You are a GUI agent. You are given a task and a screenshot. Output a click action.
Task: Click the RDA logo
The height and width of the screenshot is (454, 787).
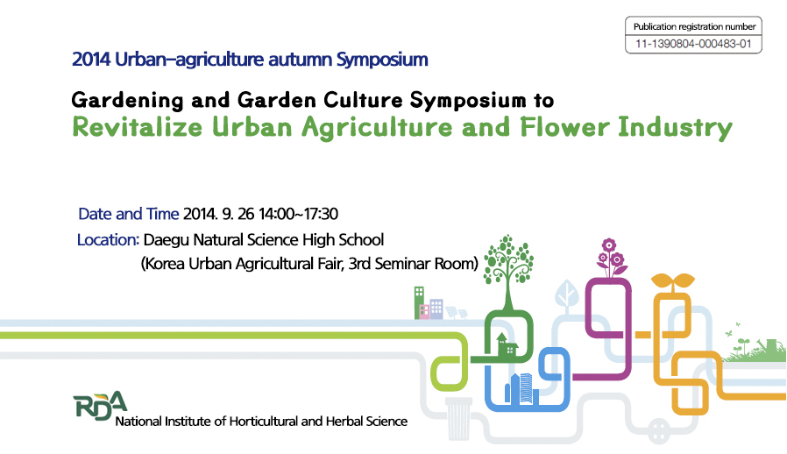99,405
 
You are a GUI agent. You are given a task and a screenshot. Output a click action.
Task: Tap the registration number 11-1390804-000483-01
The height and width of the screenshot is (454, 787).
693,44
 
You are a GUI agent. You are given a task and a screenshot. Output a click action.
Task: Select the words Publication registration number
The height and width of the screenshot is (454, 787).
694,26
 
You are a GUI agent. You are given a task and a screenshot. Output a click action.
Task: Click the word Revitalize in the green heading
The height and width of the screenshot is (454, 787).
137,126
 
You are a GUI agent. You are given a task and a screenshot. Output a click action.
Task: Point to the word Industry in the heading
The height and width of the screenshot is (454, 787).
675,128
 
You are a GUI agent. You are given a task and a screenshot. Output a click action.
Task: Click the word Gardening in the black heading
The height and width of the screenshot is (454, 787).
127,101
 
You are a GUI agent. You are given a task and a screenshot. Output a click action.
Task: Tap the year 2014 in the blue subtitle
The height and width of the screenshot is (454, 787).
91,60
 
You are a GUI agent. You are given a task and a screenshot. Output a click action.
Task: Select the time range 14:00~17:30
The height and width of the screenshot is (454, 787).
298,214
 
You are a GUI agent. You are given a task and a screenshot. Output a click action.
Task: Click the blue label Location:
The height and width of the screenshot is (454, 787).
108,240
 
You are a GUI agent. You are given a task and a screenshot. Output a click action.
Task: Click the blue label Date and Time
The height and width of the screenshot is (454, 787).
129,214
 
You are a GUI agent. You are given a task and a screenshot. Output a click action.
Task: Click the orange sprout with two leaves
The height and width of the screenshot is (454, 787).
672,282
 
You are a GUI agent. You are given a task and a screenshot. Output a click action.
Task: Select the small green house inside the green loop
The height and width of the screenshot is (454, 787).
506,344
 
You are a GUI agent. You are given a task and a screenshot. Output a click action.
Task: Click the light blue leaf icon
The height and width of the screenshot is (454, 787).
567,294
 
